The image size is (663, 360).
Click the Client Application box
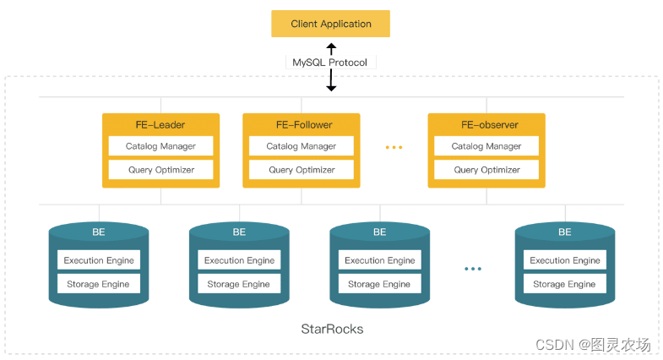(x=330, y=24)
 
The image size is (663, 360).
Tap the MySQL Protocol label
(x=329, y=63)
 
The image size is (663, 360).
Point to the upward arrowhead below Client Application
(x=331, y=46)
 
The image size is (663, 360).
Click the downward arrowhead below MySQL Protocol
(x=331, y=88)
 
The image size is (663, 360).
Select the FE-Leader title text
(x=160, y=125)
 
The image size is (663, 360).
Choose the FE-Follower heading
(x=304, y=125)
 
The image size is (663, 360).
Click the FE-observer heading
(x=490, y=125)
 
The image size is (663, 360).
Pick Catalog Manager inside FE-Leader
(x=160, y=146)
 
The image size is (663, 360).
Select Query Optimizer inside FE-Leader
(x=160, y=170)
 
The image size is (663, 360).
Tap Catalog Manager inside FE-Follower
(x=301, y=146)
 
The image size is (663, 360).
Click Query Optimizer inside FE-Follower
(x=301, y=170)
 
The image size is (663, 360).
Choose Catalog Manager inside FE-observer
(x=486, y=146)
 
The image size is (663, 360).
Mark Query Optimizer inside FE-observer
(x=486, y=170)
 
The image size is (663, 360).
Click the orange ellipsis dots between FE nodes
(x=394, y=147)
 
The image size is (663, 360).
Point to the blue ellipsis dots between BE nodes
(x=473, y=269)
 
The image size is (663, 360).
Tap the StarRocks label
(x=332, y=329)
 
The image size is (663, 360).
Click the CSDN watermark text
(x=593, y=345)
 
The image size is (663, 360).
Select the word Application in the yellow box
(x=345, y=25)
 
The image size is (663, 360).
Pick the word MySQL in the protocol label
(x=308, y=63)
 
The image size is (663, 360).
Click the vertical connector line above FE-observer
(x=486, y=106)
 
